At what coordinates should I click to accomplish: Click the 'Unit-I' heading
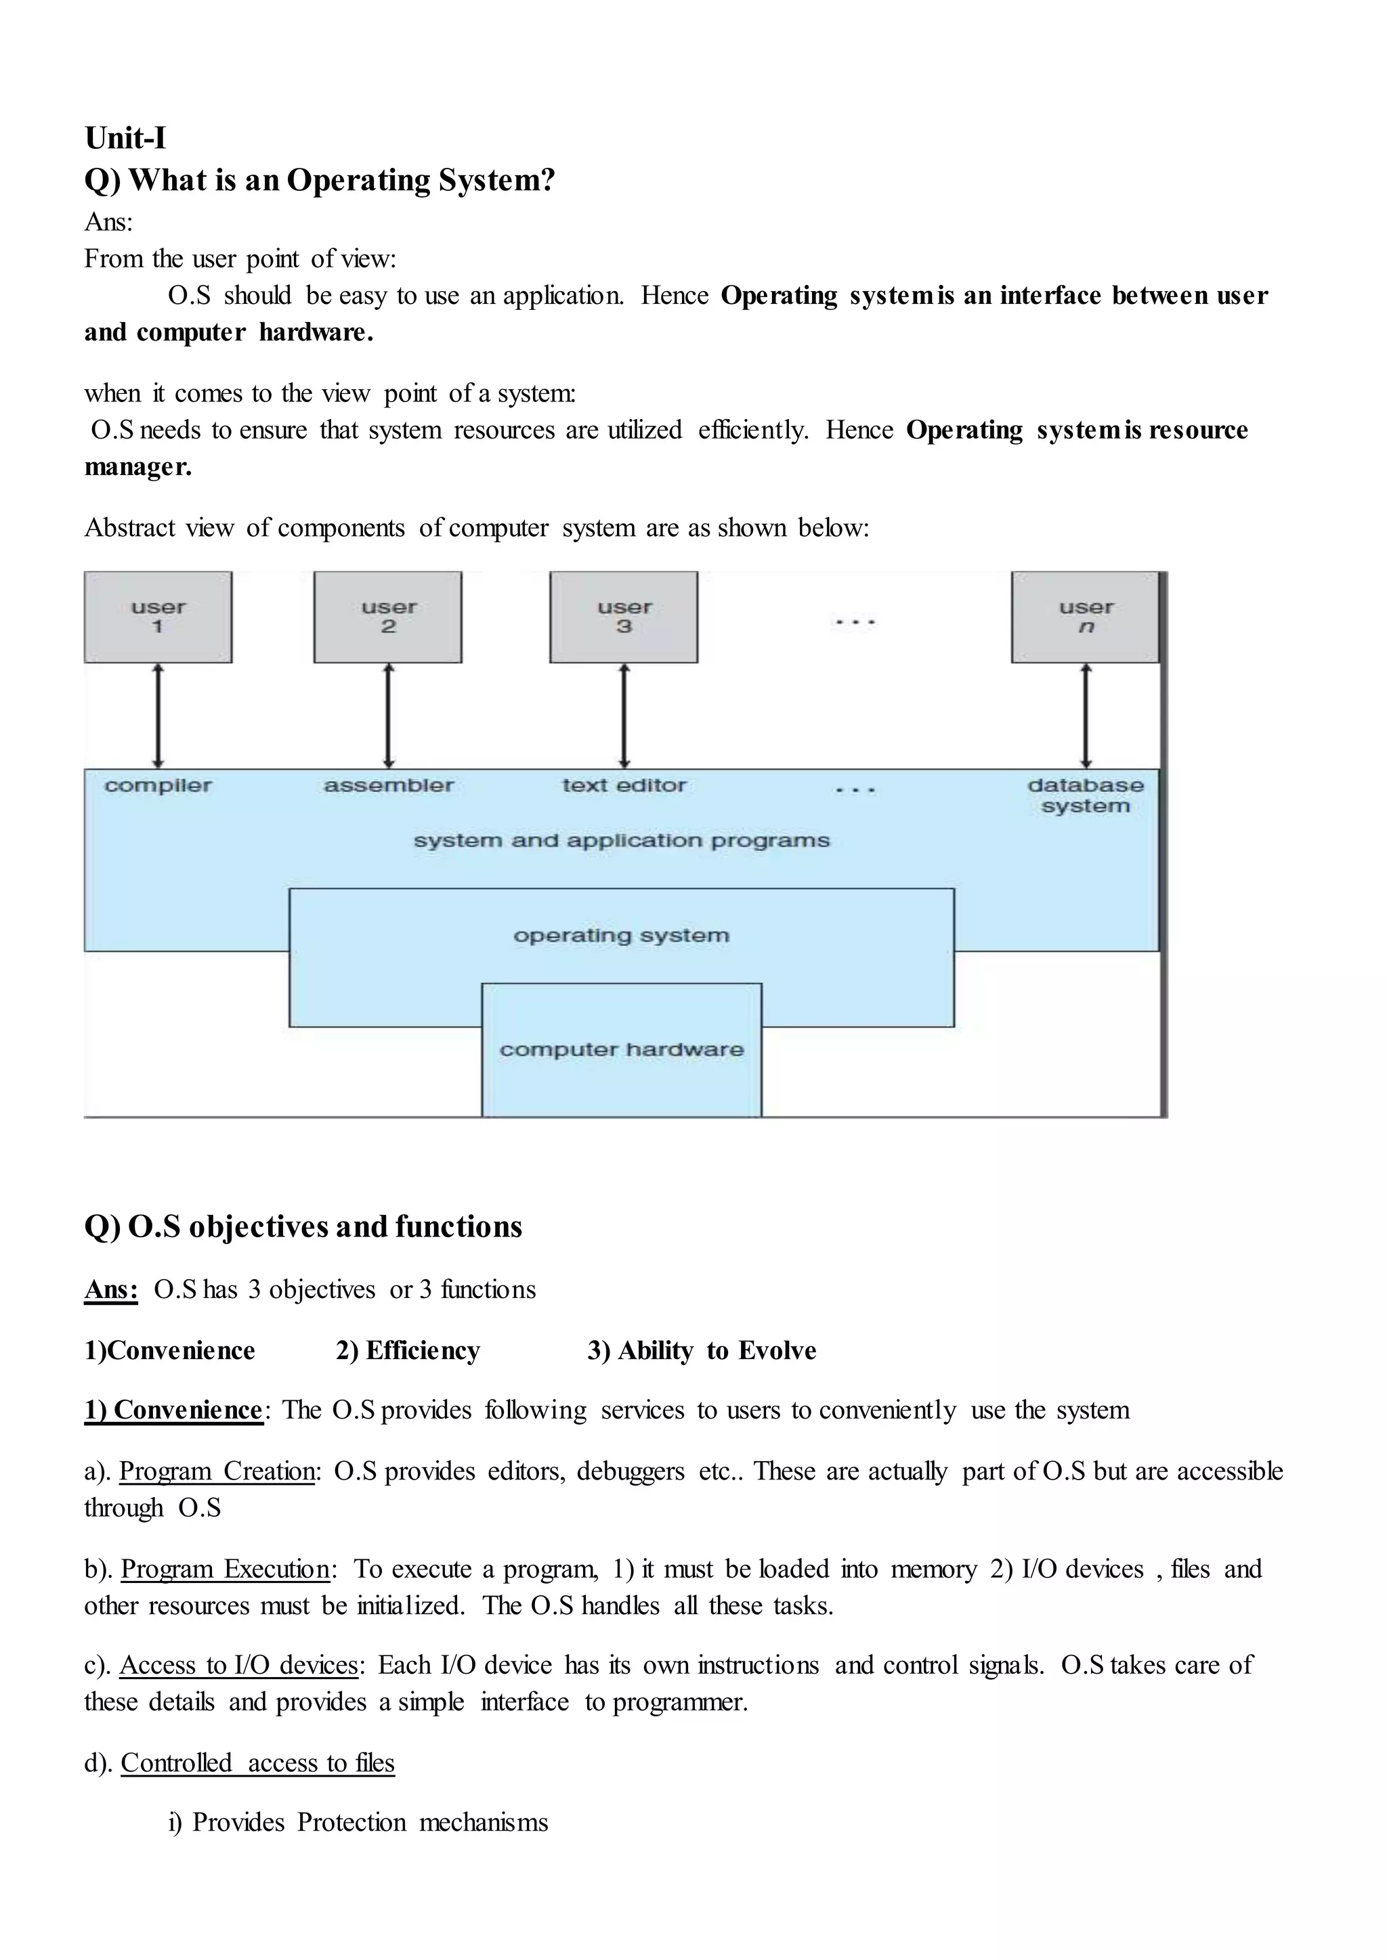tap(125, 137)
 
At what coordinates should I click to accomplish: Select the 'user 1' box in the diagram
tap(158, 617)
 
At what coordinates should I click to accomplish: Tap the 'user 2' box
tap(388, 617)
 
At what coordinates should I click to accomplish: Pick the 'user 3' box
tap(624, 617)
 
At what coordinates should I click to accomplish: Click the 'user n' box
tap(1086, 617)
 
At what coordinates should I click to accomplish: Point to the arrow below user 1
tap(158, 716)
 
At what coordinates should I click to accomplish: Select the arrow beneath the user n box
tap(1086, 716)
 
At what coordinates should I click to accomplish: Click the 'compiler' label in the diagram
tap(158, 785)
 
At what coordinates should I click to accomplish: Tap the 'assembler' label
tap(389, 785)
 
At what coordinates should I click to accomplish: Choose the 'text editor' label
tap(624, 785)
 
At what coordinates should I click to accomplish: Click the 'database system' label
tap(1086, 796)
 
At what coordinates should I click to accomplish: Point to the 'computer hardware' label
tap(622, 1049)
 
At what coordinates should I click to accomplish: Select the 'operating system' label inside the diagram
tap(622, 935)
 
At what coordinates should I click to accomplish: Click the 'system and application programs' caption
tap(622, 841)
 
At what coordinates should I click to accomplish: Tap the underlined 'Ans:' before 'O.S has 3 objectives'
tap(111, 1289)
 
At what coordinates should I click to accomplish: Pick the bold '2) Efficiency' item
tap(408, 1350)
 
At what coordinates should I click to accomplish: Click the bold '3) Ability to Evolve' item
tap(702, 1350)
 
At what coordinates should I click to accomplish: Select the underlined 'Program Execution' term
tap(226, 1569)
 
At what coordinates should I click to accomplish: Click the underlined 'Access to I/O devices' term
tap(239, 1666)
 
